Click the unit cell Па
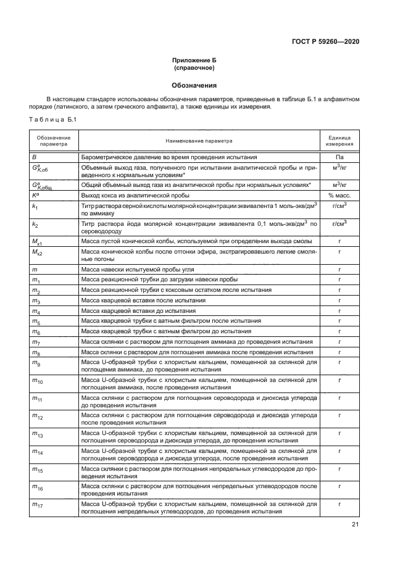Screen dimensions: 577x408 click(x=339, y=157)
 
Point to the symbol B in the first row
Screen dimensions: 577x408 click(x=35, y=157)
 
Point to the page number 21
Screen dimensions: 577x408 click(x=355, y=525)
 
